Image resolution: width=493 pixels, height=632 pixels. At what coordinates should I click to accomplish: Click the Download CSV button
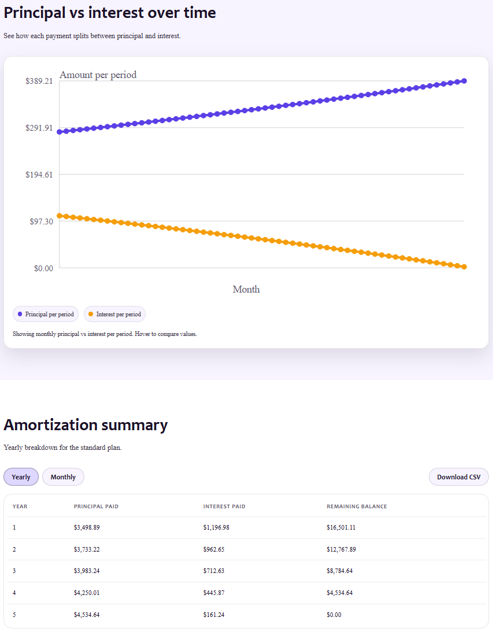click(458, 477)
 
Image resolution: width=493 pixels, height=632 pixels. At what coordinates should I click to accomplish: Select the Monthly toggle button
click(63, 477)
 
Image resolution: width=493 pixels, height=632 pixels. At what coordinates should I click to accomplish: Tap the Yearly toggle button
click(21, 477)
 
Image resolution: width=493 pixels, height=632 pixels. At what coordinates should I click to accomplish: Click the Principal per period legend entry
click(46, 314)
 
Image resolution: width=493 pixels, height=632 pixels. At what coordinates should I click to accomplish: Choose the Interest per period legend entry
click(114, 314)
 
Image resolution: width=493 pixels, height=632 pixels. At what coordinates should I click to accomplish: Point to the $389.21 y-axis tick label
click(39, 81)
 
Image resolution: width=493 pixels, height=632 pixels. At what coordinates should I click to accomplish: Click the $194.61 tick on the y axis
click(39, 175)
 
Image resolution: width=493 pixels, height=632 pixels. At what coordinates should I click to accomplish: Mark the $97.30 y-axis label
click(41, 221)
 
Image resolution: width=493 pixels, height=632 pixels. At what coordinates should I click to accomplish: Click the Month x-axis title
click(246, 289)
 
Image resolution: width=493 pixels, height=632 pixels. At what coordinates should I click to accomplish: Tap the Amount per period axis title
click(98, 75)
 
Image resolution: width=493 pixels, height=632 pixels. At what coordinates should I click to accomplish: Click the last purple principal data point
click(464, 81)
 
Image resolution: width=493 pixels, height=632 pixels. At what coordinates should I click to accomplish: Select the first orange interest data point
click(60, 216)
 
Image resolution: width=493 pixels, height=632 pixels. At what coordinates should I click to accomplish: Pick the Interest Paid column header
click(224, 507)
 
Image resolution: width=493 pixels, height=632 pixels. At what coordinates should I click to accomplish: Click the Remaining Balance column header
click(357, 507)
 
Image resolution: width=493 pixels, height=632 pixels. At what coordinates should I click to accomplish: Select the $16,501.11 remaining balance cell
click(341, 527)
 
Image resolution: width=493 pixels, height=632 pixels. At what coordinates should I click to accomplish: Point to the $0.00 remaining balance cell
click(334, 615)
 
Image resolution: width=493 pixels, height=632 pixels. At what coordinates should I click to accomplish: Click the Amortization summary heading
click(86, 424)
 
